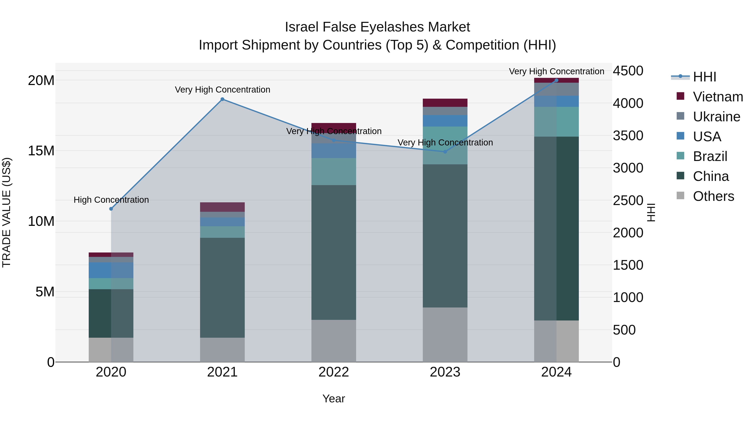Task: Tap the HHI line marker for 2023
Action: [445, 152]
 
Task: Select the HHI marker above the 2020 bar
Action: [111, 209]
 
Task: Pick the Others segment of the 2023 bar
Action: [445, 335]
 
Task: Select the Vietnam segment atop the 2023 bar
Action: [445, 103]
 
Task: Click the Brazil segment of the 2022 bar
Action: [333, 172]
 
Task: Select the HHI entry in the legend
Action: [704, 77]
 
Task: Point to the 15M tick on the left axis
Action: [41, 151]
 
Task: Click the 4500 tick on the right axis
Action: [628, 71]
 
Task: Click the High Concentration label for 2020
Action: [111, 200]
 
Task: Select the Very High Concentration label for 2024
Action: [556, 71]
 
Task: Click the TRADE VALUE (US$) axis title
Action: [7, 212]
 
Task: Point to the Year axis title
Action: [333, 399]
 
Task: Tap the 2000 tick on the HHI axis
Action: [628, 233]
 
